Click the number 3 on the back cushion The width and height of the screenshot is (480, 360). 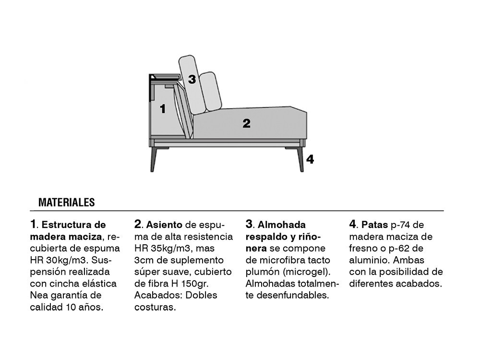pyautogui.click(x=192, y=79)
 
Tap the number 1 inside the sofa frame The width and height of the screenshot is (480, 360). pyautogui.click(x=163, y=108)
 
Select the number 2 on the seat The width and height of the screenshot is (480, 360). pyautogui.click(x=246, y=123)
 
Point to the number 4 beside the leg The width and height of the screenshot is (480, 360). pyautogui.click(x=310, y=159)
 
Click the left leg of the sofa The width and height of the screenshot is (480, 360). pyautogui.click(x=154, y=159)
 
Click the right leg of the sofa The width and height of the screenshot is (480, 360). pyautogui.click(x=300, y=159)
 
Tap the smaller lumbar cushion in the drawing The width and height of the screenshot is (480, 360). pyautogui.click(x=210, y=91)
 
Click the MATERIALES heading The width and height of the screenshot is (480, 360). pyautogui.click(x=67, y=203)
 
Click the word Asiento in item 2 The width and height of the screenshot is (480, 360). pyautogui.click(x=164, y=225)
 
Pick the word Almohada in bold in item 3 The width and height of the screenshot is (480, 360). pyautogui.click(x=282, y=225)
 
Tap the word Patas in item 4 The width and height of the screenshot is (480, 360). pyautogui.click(x=375, y=225)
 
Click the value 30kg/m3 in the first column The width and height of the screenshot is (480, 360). pyautogui.click(x=65, y=260)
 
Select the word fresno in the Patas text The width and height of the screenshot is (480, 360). pyautogui.click(x=364, y=248)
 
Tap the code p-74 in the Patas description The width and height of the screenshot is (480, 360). pyautogui.click(x=400, y=225)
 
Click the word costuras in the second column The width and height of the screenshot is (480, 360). pyautogui.click(x=155, y=307)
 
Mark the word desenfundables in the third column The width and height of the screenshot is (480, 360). pyautogui.click(x=293, y=295)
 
